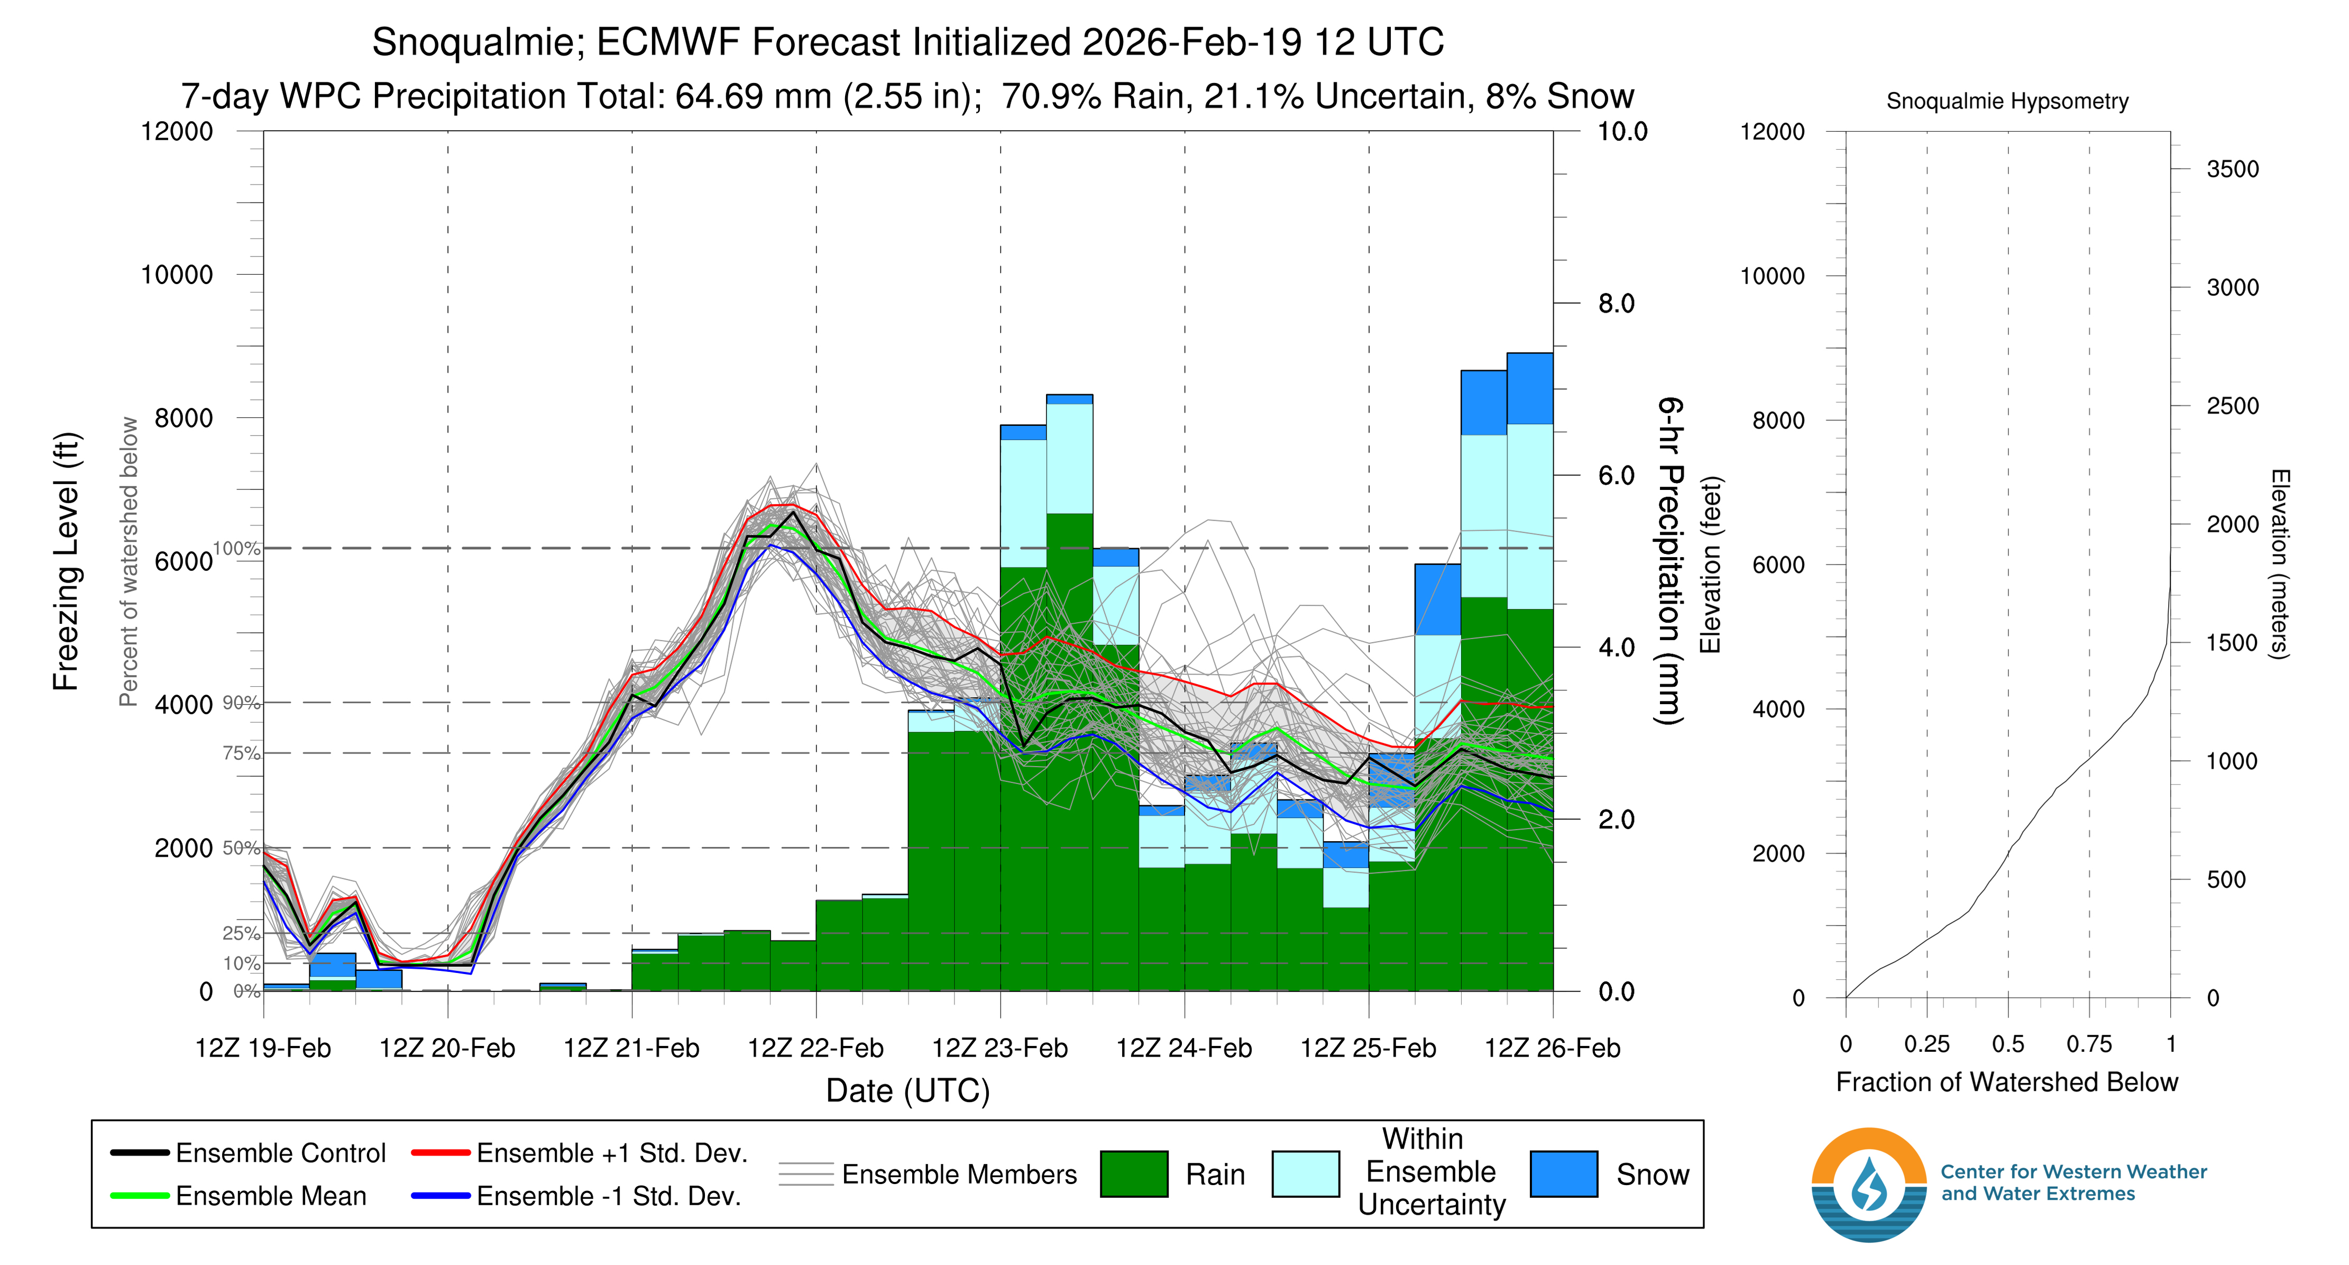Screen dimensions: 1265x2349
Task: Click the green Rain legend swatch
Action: pyautogui.click(x=1133, y=1174)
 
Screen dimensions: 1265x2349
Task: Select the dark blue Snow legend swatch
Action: pyautogui.click(x=1563, y=1174)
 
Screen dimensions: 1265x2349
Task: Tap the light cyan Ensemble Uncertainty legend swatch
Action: pyautogui.click(x=1305, y=1174)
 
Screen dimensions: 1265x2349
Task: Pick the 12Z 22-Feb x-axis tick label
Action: pyautogui.click(x=815, y=1048)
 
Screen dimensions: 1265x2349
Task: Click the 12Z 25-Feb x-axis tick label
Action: pyautogui.click(x=1368, y=1048)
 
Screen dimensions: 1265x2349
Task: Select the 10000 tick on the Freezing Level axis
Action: pyautogui.click(x=177, y=275)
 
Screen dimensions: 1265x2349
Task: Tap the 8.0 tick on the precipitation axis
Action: pyautogui.click(x=1616, y=304)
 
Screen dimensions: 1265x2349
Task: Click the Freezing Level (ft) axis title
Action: pyautogui.click(x=66, y=561)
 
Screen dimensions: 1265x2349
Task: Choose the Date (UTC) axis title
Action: pyautogui.click(x=907, y=1091)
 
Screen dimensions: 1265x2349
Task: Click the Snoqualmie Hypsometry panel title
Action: pyautogui.click(x=2007, y=101)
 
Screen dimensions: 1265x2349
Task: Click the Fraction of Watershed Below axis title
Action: pyautogui.click(x=2006, y=1082)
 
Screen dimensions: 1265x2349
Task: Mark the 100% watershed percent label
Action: pyautogui.click(x=237, y=548)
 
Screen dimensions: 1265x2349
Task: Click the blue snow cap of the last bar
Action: pyautogui.click(x=1529, y=388)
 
